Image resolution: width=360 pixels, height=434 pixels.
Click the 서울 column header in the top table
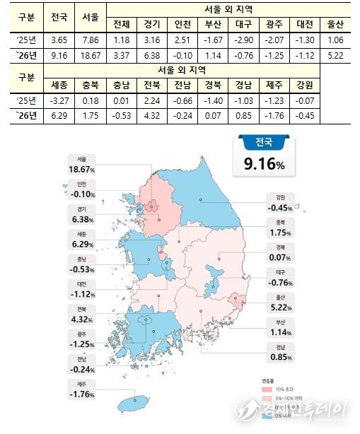[91, 16]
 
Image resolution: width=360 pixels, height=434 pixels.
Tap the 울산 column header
[337, 24]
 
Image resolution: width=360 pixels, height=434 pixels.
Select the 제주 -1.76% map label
[80, 389]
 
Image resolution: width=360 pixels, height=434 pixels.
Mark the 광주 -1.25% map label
[80, 339]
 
